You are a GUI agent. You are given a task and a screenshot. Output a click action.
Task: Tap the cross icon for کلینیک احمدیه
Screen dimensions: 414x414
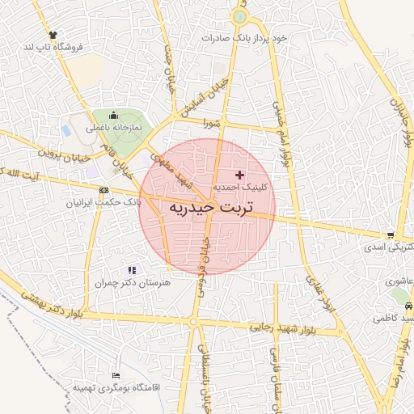point(239,175)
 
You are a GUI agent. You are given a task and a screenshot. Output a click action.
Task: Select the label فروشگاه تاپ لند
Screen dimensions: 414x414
point(54,47)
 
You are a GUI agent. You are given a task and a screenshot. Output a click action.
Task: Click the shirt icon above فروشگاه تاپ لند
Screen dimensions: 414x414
point(53,35)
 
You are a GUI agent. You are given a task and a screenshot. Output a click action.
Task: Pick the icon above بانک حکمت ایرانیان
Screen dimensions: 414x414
point(103,190)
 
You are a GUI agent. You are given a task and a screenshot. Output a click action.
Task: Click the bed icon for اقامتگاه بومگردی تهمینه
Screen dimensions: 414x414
point(116,376)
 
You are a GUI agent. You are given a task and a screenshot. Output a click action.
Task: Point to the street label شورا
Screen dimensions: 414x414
point(212,124)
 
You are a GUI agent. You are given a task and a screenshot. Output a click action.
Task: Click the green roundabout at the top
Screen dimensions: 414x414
point(239,16)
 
